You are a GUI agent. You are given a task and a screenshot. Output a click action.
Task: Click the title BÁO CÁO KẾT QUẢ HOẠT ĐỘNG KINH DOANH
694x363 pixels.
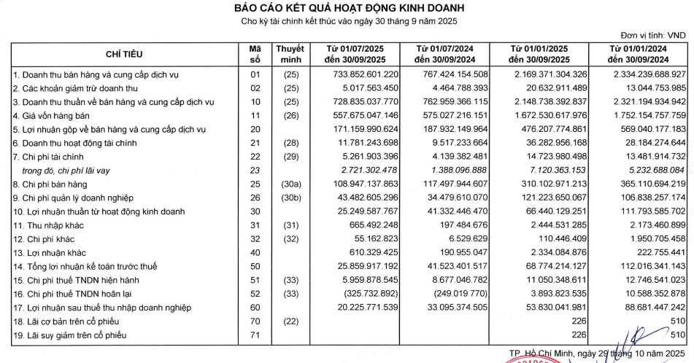[347, 8]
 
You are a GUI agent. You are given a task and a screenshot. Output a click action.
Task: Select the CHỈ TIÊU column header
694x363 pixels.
[124, 54]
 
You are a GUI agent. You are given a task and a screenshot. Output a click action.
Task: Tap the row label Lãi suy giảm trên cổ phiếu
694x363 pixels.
[67, 335]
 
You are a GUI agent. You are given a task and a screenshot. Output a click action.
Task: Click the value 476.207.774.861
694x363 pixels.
[548, 129]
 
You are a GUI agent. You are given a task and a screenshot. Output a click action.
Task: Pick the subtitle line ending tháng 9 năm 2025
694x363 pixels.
[347, 22]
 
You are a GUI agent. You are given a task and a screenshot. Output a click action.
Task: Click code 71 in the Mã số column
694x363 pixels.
[255, 335]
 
